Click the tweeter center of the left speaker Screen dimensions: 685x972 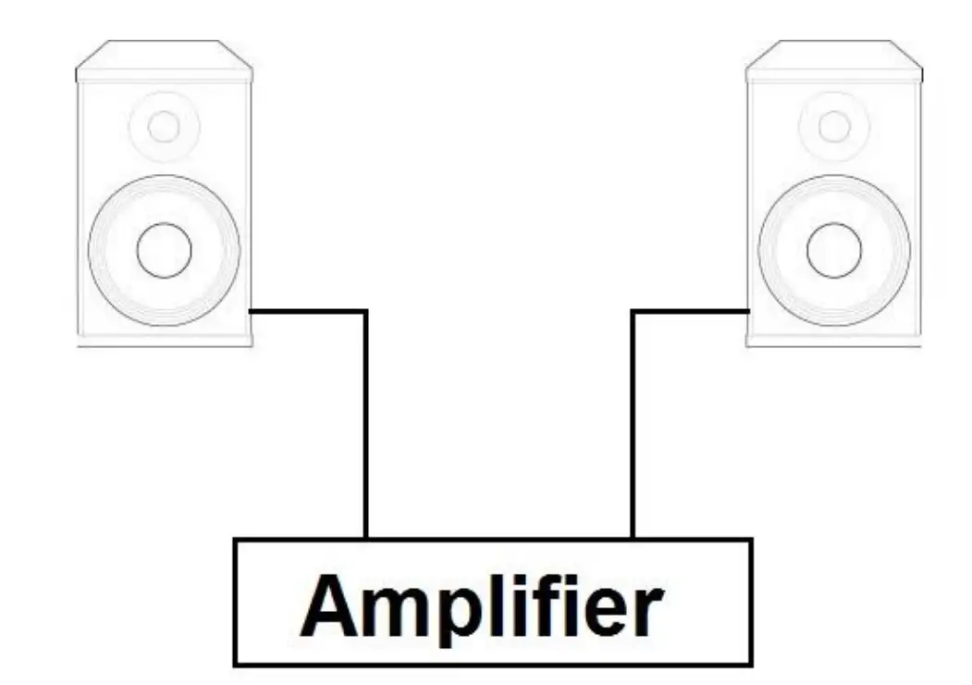[164, 126]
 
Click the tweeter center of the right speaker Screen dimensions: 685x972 [834, 126]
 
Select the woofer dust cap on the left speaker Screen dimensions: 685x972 [164, 249]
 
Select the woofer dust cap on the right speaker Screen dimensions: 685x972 [834, 249]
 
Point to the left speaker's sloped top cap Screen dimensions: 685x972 [164, 61]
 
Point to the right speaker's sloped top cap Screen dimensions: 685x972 [834, 61]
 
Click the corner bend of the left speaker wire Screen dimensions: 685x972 [366, 312]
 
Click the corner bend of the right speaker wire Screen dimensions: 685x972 [633, 312]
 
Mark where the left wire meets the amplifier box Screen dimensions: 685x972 [366, 538]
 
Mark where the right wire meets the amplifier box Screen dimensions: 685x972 [633, 538]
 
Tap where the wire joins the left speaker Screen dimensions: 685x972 [252, 312]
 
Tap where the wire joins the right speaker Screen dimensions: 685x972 [747, 312]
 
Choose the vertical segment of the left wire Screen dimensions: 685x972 [366, 426]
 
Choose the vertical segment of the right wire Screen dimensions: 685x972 [633, 426]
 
